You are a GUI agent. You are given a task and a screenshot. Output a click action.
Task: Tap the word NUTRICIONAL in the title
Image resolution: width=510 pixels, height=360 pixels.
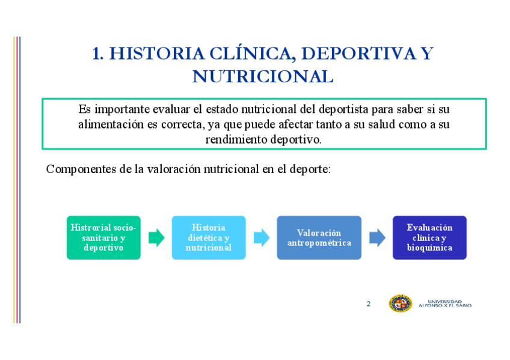[x=263, y=77]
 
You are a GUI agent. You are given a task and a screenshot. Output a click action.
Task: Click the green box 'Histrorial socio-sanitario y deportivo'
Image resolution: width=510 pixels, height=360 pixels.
[x=103, y=237]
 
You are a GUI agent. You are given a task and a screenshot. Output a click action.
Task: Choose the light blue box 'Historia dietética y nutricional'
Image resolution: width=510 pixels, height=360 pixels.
[x=209, y=237]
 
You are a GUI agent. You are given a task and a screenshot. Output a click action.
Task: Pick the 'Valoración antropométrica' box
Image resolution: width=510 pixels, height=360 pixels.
[x=319, y=237]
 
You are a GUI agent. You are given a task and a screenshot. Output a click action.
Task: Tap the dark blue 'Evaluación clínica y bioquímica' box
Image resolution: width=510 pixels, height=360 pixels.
[x=429, y=237]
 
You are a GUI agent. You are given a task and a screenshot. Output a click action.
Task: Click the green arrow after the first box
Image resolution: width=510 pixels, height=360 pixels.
[x=156, y=237]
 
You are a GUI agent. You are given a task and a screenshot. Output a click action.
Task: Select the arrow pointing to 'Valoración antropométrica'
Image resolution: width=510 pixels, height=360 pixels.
[x=262, y=237]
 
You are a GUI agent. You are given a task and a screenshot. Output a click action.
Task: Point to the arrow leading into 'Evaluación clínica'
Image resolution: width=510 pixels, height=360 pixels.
[x=377, y=237]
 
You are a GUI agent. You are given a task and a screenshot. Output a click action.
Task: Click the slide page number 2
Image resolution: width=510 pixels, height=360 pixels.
[x=369, y=304]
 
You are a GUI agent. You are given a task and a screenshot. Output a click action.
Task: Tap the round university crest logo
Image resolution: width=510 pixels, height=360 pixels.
[x=400, y=304]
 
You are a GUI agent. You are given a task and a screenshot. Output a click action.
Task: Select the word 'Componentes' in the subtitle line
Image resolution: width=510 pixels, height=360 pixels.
[x=81, y=169]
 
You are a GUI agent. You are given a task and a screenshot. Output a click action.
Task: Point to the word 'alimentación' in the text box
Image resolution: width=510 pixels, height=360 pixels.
[x=111, y=125]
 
